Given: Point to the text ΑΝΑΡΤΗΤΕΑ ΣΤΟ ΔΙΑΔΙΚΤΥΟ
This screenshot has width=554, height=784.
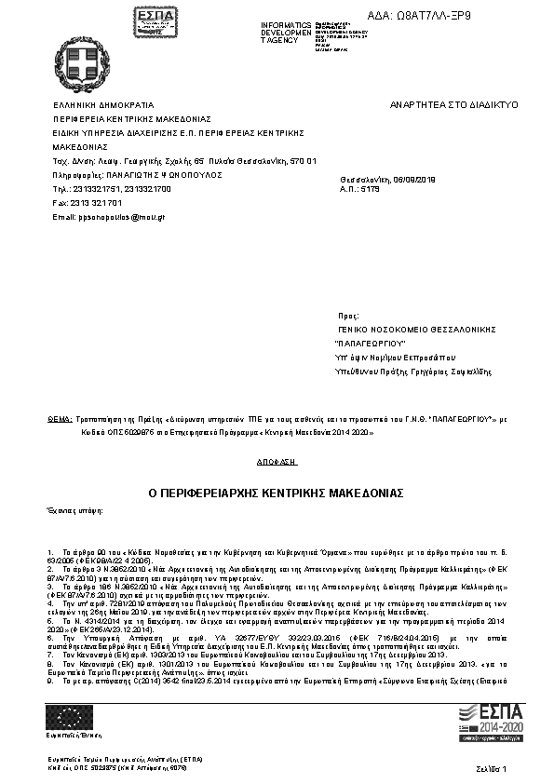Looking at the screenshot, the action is click(454, 106).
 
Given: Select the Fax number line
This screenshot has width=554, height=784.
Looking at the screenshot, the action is click(88, 202).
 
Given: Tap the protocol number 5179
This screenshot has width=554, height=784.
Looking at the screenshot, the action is click(371, 189).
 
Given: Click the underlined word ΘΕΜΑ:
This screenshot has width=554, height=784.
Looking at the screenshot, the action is click(59, 421).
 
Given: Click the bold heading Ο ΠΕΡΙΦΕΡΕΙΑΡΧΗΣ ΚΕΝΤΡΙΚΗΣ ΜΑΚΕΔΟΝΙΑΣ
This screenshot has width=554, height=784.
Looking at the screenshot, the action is click(277, 491).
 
